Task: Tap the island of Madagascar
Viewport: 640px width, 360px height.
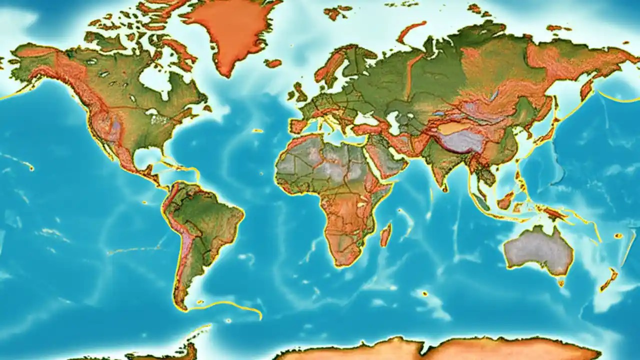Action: (x=385, y=235)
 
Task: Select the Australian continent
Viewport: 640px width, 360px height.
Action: (x=537, y=250)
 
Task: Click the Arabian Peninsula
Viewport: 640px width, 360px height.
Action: (x=382, y=157)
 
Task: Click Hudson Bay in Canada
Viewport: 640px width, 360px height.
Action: (x=155, y=80)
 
